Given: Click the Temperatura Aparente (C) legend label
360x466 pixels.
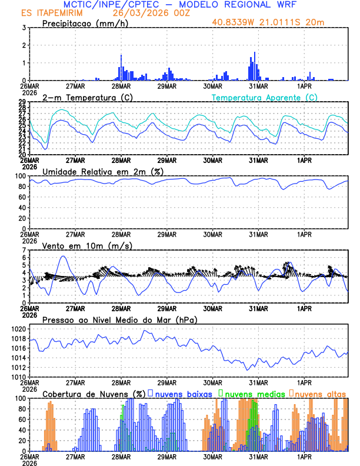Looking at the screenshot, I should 265,97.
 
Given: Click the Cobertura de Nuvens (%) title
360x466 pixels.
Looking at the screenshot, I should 94,394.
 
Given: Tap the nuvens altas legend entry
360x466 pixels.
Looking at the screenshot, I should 321,394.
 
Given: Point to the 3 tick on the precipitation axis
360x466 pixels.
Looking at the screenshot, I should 24,28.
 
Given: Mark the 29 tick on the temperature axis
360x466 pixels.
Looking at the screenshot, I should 22,102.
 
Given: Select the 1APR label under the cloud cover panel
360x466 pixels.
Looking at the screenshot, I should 304,456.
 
